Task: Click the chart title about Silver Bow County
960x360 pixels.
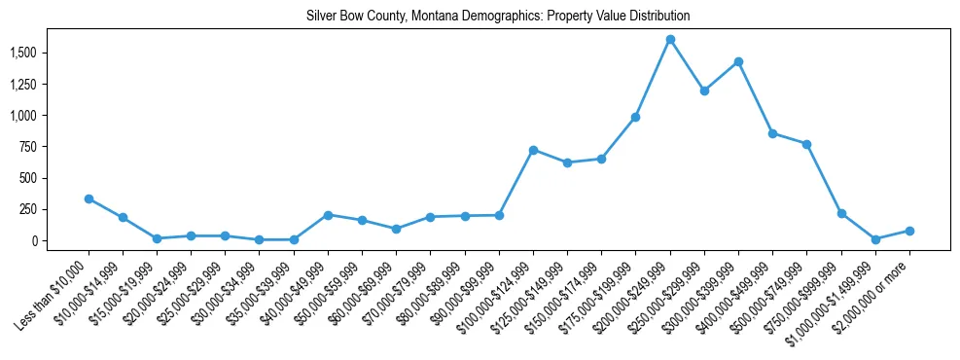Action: (498, 17)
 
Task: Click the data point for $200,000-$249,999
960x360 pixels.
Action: (670, 40)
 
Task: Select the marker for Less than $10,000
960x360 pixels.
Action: (89, 198)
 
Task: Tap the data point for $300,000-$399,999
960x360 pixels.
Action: (738, 61)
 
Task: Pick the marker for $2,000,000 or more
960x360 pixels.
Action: (909, 231)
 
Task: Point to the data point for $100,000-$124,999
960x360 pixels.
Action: (533, 150)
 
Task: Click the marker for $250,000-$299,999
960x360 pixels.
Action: (704, 90)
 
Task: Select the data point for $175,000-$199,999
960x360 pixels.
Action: (635, 117)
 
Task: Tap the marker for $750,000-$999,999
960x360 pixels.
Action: (841, 213)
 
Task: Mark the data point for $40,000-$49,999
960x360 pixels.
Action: (328, 215)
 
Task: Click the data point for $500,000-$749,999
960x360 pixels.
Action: (806, 144)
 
